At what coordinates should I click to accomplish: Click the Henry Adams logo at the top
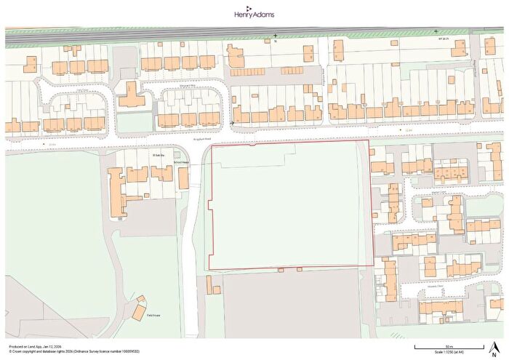tap(254, 12)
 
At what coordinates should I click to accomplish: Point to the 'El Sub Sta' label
tap(157, 154)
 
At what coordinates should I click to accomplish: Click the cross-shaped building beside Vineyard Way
tap(131, 95)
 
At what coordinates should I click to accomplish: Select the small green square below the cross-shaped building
tap(132, 123)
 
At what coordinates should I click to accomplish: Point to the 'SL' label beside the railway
tap(276, 41)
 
